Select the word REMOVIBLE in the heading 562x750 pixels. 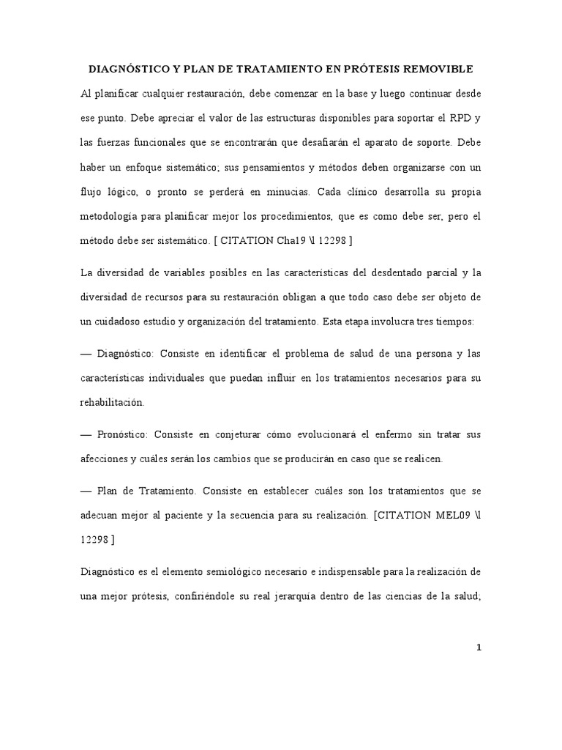(438, 69)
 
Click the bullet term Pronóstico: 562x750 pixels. (123, 434)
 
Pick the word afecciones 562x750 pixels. (104, 459)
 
